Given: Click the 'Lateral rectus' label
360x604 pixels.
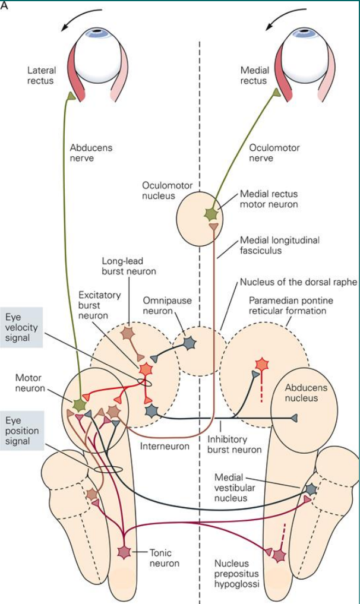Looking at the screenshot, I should click(x=41, y=75).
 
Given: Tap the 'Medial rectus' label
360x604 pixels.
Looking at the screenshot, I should click(x=254, y=75).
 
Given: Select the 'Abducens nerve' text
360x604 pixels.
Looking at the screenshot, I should click(x=91, y=153).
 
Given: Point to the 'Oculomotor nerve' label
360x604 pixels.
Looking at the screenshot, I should click(x=274, y=153).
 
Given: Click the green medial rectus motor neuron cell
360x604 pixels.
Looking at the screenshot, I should click(x=211, y=213).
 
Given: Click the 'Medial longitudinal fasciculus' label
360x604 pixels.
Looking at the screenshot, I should click(x=279, y=245).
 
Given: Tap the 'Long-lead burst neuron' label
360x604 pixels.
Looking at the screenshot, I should click(x=128, y=266).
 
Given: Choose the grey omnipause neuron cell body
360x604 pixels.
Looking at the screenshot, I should click(x=190, y=343).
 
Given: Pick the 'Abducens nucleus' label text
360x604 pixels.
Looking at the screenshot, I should click(x=305, y=393).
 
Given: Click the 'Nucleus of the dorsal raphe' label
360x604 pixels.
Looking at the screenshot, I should click(x=298, y=282).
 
